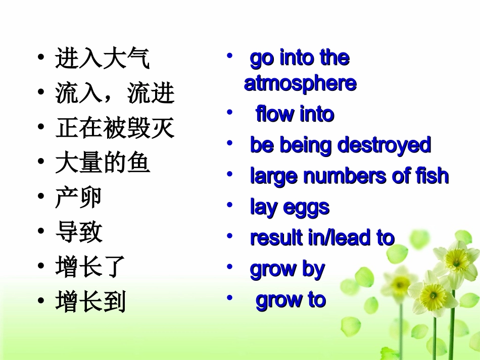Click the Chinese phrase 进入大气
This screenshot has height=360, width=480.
pyautogui.click(x=102, y=59)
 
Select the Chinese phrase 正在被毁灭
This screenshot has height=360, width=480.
pyautogui.click(x=115, y=128)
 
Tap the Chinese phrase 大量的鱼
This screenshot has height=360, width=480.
pyautogui.click(x=103, y=163)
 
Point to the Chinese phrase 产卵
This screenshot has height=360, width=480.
pyautogui.click(x=79, y=198)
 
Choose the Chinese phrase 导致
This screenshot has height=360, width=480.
pyautogui.click(x=79, y=232)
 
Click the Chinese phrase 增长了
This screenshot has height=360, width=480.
pyautogui.click(x=90, y=267)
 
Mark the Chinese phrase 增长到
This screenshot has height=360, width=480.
pyautogui.click(x=90, y=302)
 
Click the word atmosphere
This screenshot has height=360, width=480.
pyautogui.click(x=300, y=84)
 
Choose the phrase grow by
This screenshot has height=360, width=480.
pyautogui.click(x=287, y=269)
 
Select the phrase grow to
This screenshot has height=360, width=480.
pyautogui.click(x=291, y=300)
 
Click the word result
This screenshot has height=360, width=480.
pyautogui.click(x=276, y=238)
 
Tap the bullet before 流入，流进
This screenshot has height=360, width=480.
pyautogui.click(x=40, y=93)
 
